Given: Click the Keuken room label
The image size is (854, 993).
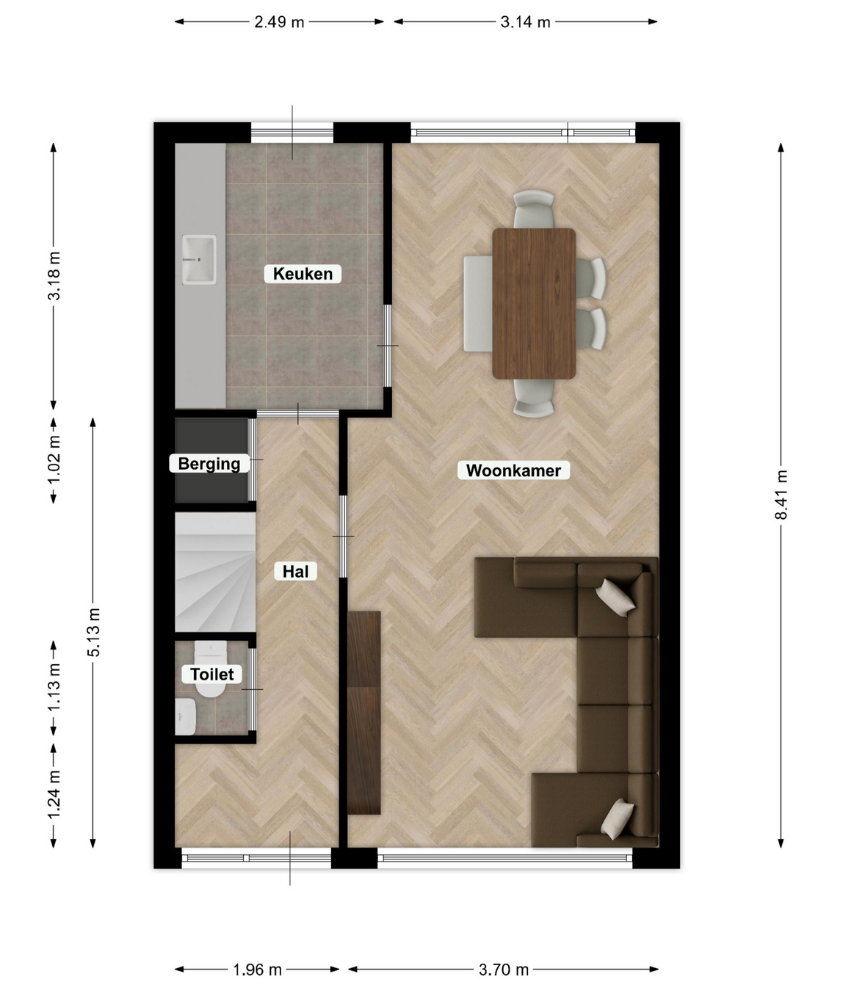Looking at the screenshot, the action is [303, 274].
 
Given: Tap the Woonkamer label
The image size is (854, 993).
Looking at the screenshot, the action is [513, 470].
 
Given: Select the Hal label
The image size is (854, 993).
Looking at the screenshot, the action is [296, 571].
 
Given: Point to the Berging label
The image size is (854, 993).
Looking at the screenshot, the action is [209, 464].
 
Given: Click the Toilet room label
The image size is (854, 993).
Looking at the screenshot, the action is [212, 674].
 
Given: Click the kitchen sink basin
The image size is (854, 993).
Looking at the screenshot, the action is [199, 259].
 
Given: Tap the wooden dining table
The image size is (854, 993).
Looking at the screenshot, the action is [534, 304].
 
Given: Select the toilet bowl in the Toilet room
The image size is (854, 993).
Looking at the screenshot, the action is [211, 669].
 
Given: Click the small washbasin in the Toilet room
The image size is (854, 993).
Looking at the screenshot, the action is [185, 716].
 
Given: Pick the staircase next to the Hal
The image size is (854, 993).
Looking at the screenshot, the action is [215, 572].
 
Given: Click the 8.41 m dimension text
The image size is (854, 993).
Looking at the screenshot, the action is [781, 495].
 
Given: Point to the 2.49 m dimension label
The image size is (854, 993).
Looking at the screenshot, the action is [279, 22].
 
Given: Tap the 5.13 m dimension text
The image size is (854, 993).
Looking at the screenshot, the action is [93, 632].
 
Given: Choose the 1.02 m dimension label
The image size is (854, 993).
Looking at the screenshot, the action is [54, 459].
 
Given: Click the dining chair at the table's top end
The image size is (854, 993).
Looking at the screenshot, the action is [533, 209].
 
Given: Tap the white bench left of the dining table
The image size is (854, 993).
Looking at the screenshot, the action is [478, 304].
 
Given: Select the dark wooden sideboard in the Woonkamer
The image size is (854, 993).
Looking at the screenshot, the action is [363, 713].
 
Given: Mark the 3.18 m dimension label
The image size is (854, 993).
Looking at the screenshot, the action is [54, 275].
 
